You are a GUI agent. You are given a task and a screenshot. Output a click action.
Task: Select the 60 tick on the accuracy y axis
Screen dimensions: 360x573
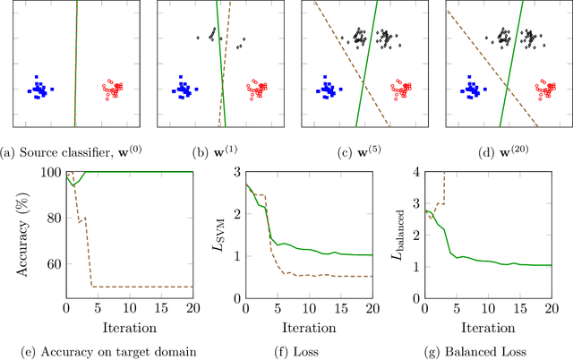53,264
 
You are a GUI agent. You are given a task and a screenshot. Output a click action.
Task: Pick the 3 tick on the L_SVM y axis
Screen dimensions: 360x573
235,172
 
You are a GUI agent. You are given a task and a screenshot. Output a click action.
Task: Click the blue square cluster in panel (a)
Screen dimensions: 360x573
38,89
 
